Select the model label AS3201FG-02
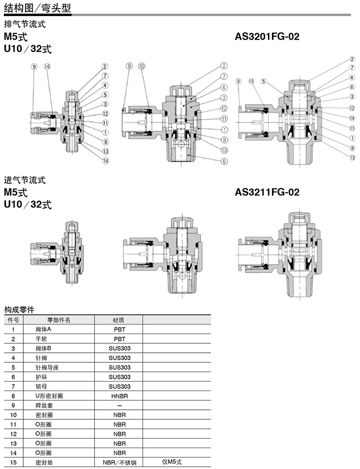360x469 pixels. click(x=267, y=36)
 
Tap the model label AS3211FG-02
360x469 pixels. click(x=267, y=192)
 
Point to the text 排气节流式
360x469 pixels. click(x=25, y=24)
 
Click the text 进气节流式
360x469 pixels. click(x=25, y=180)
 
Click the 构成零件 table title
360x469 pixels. click(x=19, y=309)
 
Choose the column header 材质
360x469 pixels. click(x=118, y=320)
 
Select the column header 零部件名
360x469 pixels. click(x=59, y=320)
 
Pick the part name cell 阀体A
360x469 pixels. click(x=43, y=330)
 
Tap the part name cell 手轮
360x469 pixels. click(x=41, y=339)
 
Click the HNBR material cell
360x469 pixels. click(x=119, y=396)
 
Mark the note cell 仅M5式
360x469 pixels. click(x=172, y=462)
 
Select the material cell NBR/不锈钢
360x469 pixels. click(x=119, y=463)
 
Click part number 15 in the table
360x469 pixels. click(x=13, y=463)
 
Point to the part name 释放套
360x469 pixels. click(x=44, y=406)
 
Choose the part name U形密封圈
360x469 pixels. click(x=49, y=396)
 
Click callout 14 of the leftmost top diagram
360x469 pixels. click(x=106, y=161)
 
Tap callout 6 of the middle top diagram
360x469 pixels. click(x=224, y=161)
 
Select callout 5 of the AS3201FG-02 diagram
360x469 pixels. click(x=263, y=81)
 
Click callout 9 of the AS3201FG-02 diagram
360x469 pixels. click(x=238, y=81)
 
